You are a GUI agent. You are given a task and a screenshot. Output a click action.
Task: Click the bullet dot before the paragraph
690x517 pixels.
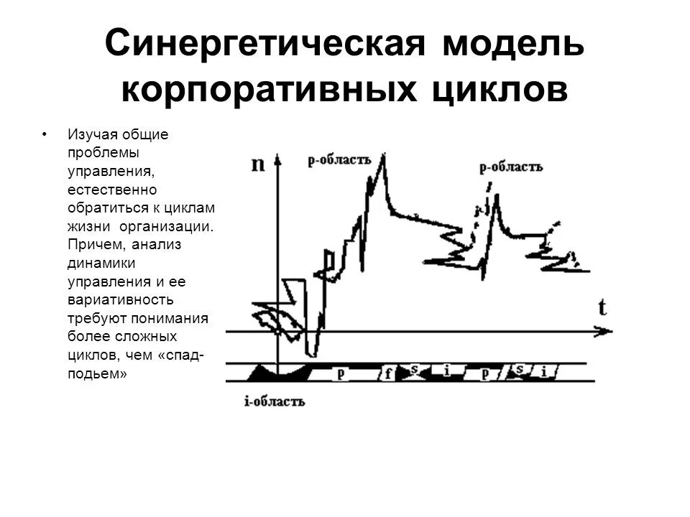click(x=45, y=134)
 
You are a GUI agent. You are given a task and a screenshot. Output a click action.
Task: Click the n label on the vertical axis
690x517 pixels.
click(x=257, y=164)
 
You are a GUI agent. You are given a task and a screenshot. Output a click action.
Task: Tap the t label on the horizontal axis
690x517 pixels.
click(x=602, y=308)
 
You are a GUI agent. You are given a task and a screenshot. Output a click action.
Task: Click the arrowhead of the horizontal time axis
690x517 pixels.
click(x=605, y=331)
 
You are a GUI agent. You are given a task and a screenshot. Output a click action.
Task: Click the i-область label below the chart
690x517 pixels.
click(x=275, y=402)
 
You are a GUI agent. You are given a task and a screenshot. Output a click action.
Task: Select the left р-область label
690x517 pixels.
click(x=339, y=159)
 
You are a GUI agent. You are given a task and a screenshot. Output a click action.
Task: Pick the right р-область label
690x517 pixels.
click(x=511, y=167)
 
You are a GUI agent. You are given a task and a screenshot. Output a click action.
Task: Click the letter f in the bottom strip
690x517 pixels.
click(x=388, y=373)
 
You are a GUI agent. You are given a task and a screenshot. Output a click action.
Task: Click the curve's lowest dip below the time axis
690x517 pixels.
click(x=310, y=353)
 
